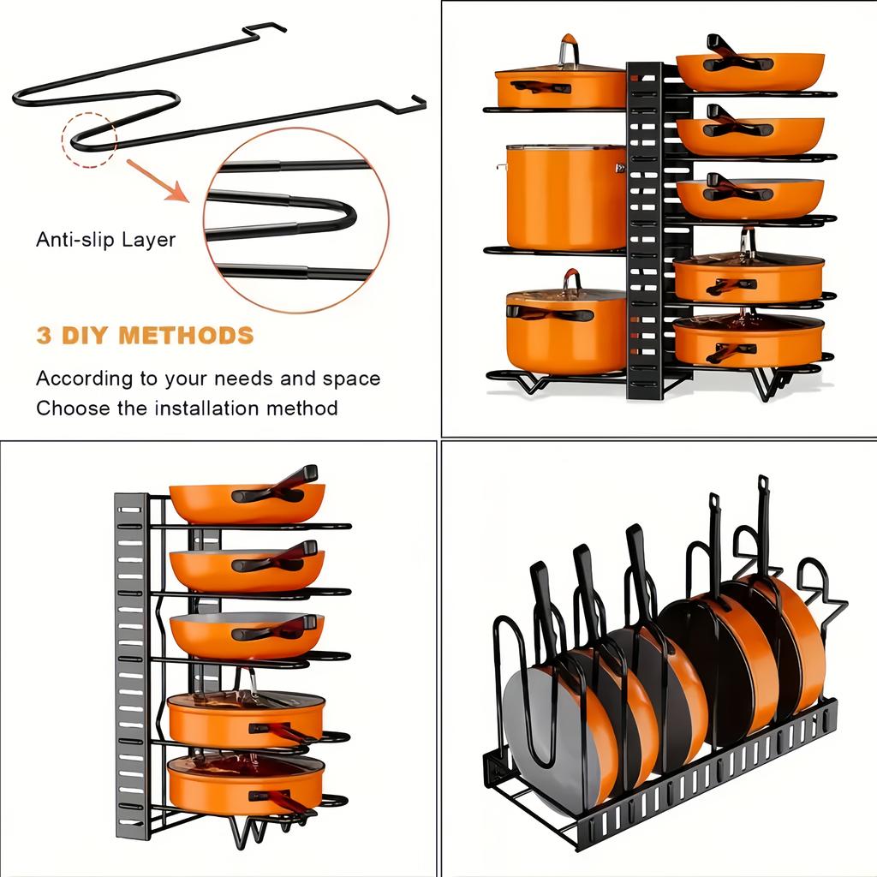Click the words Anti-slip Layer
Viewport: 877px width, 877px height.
105,239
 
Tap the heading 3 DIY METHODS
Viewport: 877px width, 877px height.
145,335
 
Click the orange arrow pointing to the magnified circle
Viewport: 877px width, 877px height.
159,181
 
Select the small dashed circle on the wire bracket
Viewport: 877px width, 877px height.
88,139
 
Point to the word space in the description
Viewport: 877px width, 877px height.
350,379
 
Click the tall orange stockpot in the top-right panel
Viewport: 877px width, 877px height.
566,197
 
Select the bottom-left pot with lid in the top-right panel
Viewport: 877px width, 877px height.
566,330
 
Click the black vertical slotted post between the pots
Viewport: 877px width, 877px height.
644,231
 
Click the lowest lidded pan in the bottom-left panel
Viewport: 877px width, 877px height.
246,785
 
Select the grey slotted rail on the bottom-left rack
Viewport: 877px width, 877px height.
131,668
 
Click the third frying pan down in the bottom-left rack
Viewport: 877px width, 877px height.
247,635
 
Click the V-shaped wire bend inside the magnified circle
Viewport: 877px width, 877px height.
334,215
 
